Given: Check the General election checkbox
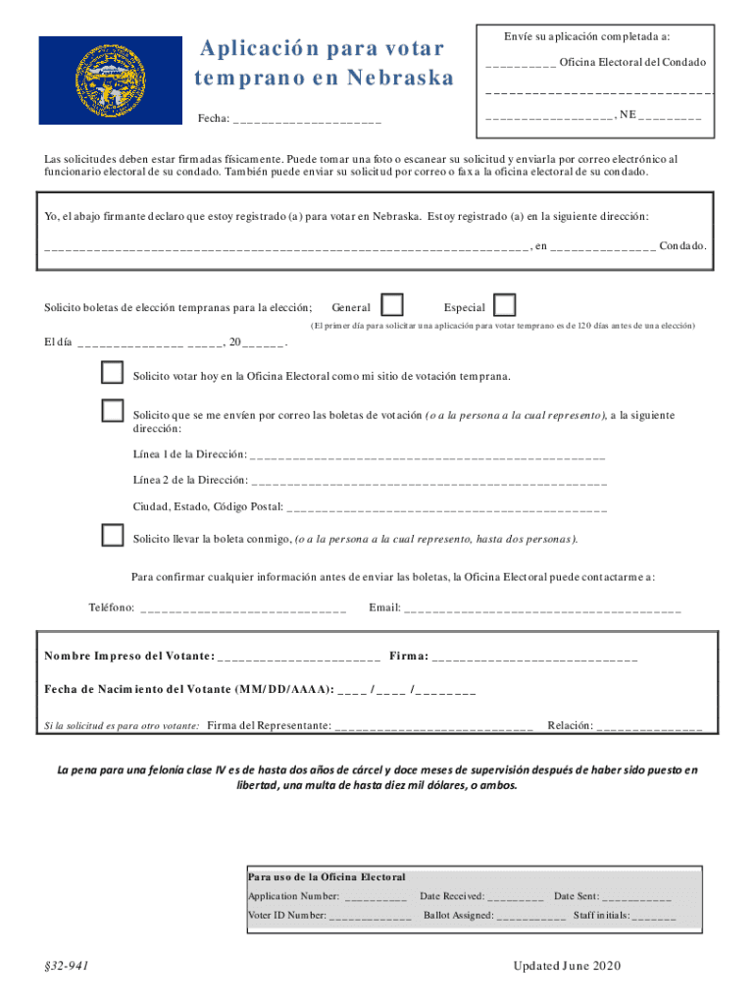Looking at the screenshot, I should (391, 305).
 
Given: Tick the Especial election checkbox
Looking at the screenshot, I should (505, 305).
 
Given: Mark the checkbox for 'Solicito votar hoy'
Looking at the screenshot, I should (113, 374).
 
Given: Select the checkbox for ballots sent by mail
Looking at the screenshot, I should (113, 411).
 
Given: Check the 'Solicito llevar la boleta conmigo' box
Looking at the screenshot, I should (113, 536).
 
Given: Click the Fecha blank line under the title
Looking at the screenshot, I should (307, 121).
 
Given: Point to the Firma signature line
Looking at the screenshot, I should (534, 657).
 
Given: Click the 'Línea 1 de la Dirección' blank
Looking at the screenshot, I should (428, 456).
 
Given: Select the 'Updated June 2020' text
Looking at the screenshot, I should (567, 967).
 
